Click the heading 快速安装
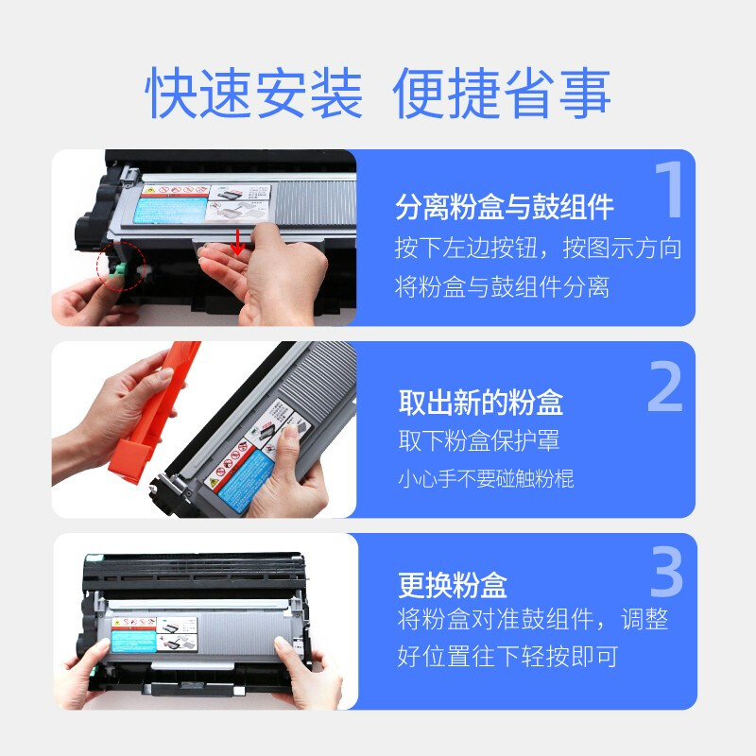tap(254, 93)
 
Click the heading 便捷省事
tap(502, 93)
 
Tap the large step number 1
tap(667, 192)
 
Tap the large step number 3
tap(666, 573)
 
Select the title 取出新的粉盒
tap(480, 403)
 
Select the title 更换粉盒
tap(452, 584)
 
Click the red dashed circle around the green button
tap(120, 266)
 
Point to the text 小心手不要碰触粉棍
tap(485, 479)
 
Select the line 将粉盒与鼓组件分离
tap(502, 287)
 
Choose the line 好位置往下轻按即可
tap(507, 656)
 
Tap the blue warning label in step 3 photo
tap(140, 636)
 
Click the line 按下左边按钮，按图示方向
tap(537, 249)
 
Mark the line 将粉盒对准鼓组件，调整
tap(532, 620)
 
